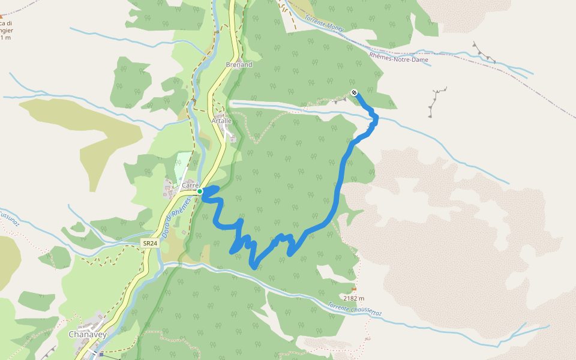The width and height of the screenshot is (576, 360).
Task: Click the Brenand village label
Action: (239, 64)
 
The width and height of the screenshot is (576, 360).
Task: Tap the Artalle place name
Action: (221, 121)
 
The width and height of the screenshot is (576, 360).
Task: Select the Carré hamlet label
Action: (190, 185)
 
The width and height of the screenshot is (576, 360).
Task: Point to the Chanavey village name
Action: (88, 334)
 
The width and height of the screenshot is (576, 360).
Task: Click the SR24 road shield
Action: (149, 244)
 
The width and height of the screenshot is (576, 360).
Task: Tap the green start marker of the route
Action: (200, 191)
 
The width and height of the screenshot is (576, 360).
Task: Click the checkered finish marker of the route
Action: (355, 92)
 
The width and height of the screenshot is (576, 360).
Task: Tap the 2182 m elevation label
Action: (354, 298)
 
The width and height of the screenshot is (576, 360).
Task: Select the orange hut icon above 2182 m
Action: (353, 289)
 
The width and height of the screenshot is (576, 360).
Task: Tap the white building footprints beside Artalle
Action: (227, 121)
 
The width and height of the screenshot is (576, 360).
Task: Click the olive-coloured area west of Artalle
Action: (90, 129)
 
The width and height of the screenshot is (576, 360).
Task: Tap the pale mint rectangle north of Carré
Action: (183, 165)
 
